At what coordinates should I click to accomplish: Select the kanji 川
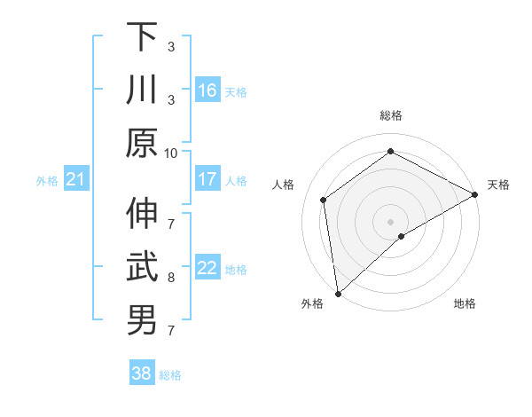[x=142, y=89]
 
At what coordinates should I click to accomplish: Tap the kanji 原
[x=142, y=142]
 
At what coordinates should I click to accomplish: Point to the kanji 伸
[x=142, y=213]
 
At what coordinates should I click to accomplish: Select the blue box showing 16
[x=207, y=90]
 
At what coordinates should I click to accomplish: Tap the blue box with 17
[x=207, y=179]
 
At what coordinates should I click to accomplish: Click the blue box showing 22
[x=207, y=268]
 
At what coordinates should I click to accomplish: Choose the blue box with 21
[x=76, y=180]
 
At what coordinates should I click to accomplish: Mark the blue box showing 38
[x=141, y=374]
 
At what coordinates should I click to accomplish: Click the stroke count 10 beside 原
[x=171, y=153]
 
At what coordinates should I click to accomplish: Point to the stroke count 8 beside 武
[x=171, y=278]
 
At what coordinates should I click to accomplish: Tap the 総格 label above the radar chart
[x=390, y=115]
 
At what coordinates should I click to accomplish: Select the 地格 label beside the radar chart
[x=465, y=303]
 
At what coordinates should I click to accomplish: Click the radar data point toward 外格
[x=338, y=293]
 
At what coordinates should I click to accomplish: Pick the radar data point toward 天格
[x=475, y=195]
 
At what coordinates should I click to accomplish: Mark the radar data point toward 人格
[x=324, y=200]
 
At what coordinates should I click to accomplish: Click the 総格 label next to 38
[x=170, y=375]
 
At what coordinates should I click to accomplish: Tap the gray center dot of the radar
[x=390, y=220]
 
